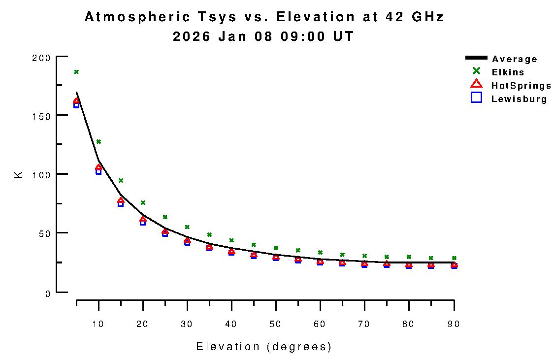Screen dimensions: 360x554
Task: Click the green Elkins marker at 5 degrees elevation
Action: point(76,72)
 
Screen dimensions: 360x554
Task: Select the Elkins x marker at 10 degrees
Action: point(98,142)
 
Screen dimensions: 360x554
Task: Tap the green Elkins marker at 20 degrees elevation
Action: point(143,202)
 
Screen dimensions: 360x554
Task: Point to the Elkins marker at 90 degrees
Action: point(454,258)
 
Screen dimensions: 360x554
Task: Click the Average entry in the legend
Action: point(514,59)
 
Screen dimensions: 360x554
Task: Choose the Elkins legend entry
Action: point(508,72)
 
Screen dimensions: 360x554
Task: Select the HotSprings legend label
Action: point(521,86)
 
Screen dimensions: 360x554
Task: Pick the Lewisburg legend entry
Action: point(519,99)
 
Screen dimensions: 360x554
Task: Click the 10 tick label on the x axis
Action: point(98,324)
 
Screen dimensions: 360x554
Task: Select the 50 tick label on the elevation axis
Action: point(276,324)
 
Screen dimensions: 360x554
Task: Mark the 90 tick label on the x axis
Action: point(453,324)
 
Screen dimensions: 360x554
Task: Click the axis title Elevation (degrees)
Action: point(264,347)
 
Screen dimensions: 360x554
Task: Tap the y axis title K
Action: point(19,174)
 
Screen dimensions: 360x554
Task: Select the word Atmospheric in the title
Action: point(138,17)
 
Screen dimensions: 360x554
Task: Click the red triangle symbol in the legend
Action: point(476,85)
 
